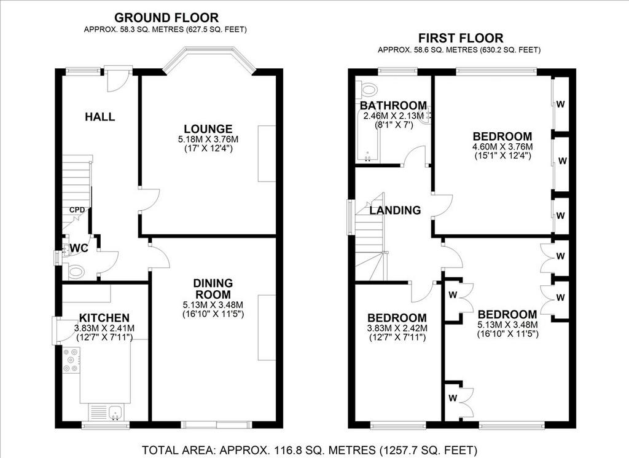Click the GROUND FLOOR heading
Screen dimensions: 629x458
166,18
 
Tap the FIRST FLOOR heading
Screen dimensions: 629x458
461,38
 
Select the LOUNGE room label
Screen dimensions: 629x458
208,129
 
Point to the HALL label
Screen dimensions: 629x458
100,117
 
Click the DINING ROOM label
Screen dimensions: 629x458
213,288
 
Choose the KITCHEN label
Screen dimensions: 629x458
104,318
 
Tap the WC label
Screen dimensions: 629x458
79,248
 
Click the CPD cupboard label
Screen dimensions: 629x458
77,210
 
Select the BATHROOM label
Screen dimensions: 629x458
394,106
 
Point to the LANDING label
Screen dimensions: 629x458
395,210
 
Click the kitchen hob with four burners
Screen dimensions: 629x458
71,360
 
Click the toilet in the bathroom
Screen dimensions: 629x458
367,89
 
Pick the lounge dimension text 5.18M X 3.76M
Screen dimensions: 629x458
208,140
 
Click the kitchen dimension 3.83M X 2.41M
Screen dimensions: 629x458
104,328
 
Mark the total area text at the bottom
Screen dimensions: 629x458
310,449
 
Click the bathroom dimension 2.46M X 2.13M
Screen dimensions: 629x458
394,116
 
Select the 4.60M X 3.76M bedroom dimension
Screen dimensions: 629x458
502,147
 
